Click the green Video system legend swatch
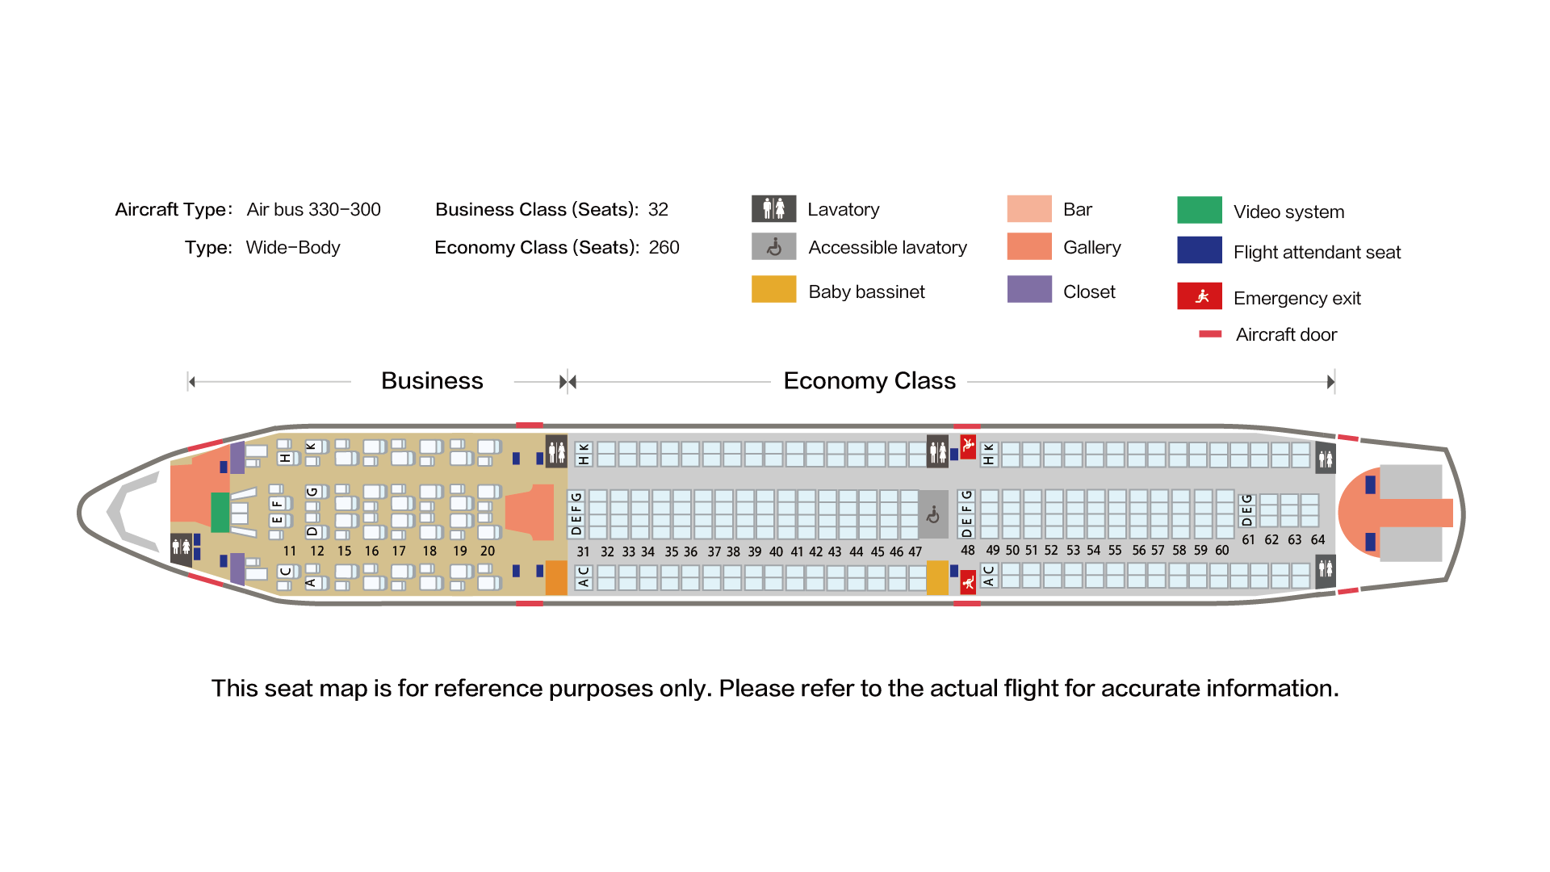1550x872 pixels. (1199, 210)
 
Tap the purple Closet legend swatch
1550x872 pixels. (1029, 289)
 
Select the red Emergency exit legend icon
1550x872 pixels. (1199, 296)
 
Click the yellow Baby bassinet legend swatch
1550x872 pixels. (773, 289)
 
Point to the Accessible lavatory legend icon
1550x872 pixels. (773, 246)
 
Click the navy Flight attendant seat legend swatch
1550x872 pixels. (1199, 250)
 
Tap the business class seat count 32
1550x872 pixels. (658, 210)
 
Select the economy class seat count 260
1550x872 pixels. (664, 248)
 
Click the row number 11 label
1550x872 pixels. (290, 551)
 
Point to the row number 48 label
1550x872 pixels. (967, 551)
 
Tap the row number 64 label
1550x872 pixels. (1317, 540)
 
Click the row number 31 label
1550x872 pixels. (583, 552)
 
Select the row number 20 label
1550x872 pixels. (488, 551)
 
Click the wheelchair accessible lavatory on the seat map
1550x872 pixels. (933, 514)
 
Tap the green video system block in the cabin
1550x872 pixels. (220, 512)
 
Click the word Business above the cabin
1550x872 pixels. (432, 381)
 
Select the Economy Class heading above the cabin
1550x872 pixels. (869, 381)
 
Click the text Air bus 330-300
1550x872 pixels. (313, 210)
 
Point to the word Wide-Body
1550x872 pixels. (293, 248)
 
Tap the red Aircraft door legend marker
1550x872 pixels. (1210, 334)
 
